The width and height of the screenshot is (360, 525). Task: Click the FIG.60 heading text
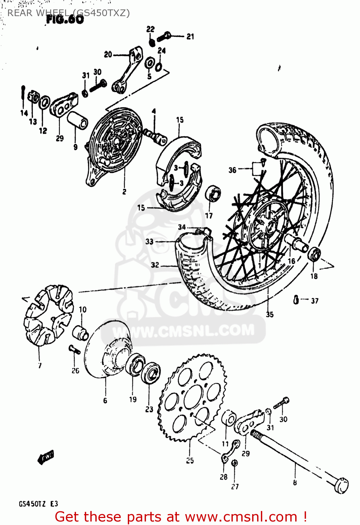pos(65,20)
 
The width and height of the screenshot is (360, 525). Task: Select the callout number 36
pos(232,170)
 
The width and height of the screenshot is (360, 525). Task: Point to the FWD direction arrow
pos(46,457)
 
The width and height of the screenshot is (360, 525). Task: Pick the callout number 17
pos(209,216)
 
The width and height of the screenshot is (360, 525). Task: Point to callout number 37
pos(314,301)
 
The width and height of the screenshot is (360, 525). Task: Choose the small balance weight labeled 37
pos(296,300)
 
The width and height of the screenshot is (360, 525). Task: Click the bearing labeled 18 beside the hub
pos(314,254)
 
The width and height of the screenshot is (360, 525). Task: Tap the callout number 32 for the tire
pos(155,265)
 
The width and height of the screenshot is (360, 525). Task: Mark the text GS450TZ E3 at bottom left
pos(38,504)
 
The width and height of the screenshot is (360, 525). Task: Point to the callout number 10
pos(82,309)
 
